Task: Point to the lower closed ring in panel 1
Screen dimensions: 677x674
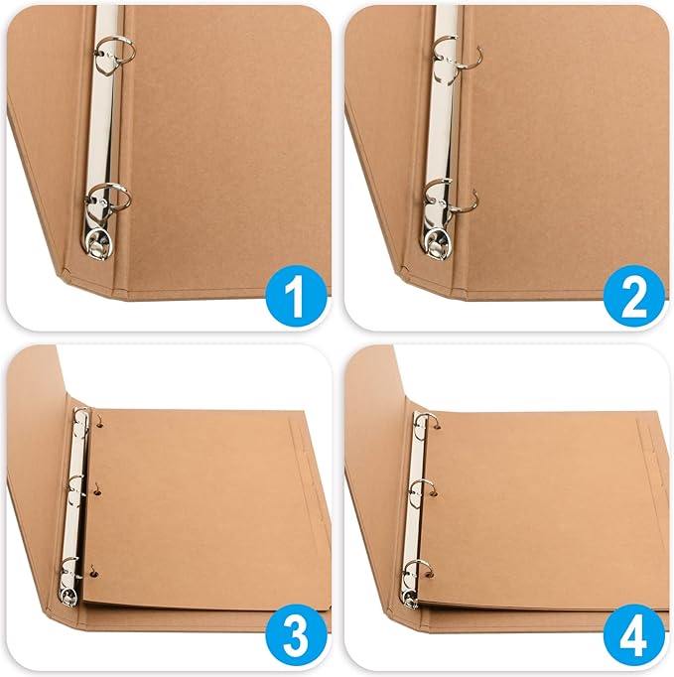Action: click(x=111, y=197)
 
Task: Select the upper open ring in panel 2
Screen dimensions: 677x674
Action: click(x=456, y=54)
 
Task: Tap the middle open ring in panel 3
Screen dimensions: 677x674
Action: click(x=76, y=485)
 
